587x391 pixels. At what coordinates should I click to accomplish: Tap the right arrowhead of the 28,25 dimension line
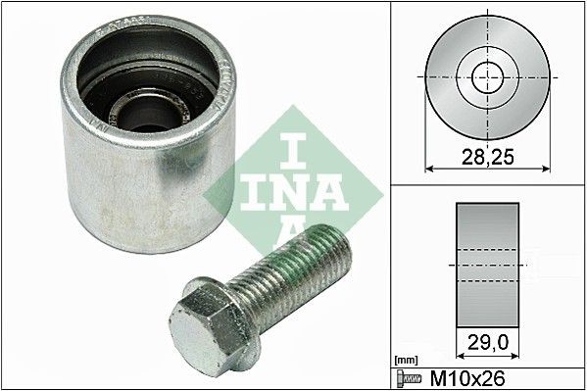click(x=545, y=168)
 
